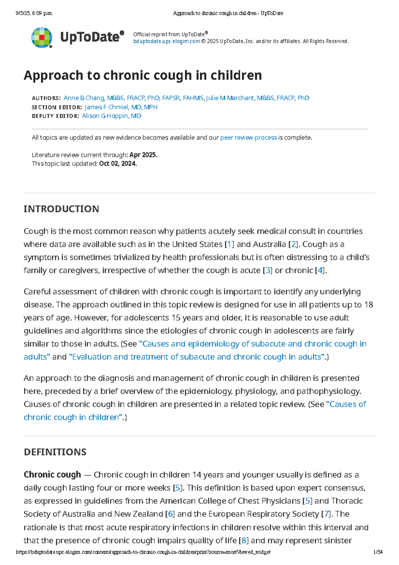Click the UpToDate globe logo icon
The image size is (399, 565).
(x=42, y=37)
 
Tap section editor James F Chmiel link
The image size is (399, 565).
(x=121, y=107)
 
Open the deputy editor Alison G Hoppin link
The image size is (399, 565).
(x=111, y=116)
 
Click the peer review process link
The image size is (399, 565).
(x=248, y=137)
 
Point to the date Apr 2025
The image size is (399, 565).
(x=143, y=155)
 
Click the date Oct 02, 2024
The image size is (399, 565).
(x=118, y=163)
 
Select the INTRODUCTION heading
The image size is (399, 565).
(x=61, y=209)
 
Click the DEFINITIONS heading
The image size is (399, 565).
(x=55, y=452)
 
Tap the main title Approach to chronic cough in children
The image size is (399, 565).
(x=143, y=75)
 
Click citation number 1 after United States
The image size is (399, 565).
(x=229, y=244)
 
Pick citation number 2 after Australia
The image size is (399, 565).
(x=293, y=244)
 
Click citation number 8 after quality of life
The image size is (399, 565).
(x=243, y=540)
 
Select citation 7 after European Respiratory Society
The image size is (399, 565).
(x=327, y=514)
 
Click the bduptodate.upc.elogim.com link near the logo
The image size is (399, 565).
(x=167, y=41)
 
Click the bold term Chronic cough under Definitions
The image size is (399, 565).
(x=52, y=474)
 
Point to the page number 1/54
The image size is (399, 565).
(x=378, y=552)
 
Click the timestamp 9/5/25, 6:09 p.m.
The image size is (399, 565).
(x=34, y=13)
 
